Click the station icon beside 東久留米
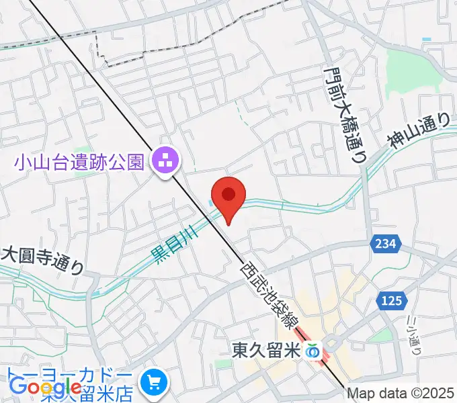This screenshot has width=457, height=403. [x=313, y=350]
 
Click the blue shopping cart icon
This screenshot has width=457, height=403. [x=155, y=384]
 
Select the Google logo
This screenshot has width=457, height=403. [x=46, y=388]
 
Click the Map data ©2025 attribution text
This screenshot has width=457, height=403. [x=401, y=394]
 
